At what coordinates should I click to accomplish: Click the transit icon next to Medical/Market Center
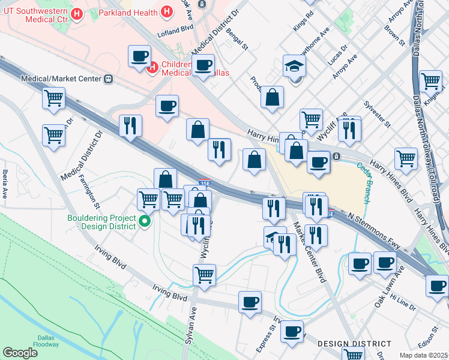[109, 79]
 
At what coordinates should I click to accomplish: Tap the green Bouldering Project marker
[144, 222]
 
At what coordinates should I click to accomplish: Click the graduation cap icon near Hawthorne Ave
[295, 65]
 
